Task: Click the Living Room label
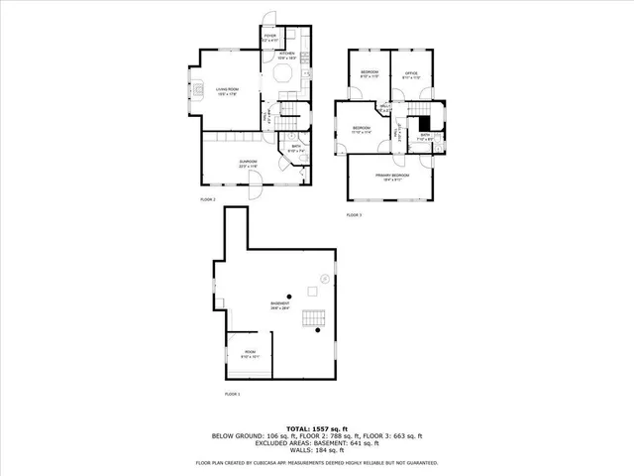(229, 91)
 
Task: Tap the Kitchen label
(287, 58)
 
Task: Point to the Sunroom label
(248, 164)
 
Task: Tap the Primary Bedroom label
(390, 177)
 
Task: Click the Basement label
(281, 305)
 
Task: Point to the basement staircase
(316, 318)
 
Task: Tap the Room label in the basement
(251, 352)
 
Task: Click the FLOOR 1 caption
(232, 395)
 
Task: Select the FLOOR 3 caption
(354, 215)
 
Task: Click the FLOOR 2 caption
(208, 199)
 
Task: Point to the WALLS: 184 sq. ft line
(317, 451)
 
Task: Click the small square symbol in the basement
(310, 290)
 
